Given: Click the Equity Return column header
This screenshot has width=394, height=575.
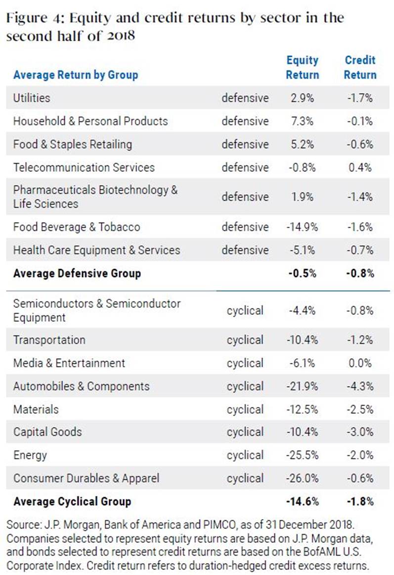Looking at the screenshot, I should point(303,67).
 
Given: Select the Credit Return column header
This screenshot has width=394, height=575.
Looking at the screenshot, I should point(360,67).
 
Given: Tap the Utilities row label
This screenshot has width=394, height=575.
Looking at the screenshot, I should point(32,97).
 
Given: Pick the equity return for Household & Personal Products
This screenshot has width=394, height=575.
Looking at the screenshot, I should point(302,121).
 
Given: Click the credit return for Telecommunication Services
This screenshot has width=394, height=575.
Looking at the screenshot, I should point(360,167).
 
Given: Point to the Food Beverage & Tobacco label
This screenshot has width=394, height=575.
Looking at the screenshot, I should point(77,227).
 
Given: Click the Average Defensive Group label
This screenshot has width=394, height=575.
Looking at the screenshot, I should point(77,273).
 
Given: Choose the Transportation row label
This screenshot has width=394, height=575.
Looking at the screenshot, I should point(49,340).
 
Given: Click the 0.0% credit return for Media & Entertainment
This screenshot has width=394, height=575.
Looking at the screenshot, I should point(360,363).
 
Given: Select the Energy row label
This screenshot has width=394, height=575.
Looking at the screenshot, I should point(30,455).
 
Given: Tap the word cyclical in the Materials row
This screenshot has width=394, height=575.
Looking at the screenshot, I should point(245,409).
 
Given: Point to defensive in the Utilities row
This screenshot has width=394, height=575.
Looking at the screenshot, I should point(245,98).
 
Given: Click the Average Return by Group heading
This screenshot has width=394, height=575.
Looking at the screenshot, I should point(76,75).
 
